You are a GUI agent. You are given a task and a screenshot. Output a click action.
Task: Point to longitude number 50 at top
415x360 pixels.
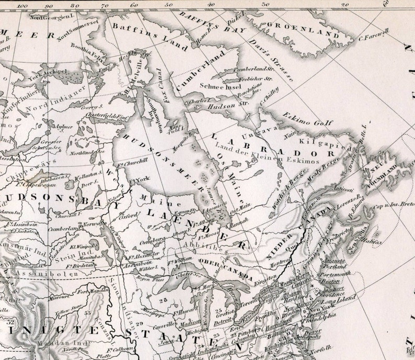[x=168, y=5]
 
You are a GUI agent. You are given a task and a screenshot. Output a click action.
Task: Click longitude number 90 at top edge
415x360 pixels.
[x=49, y=6]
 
